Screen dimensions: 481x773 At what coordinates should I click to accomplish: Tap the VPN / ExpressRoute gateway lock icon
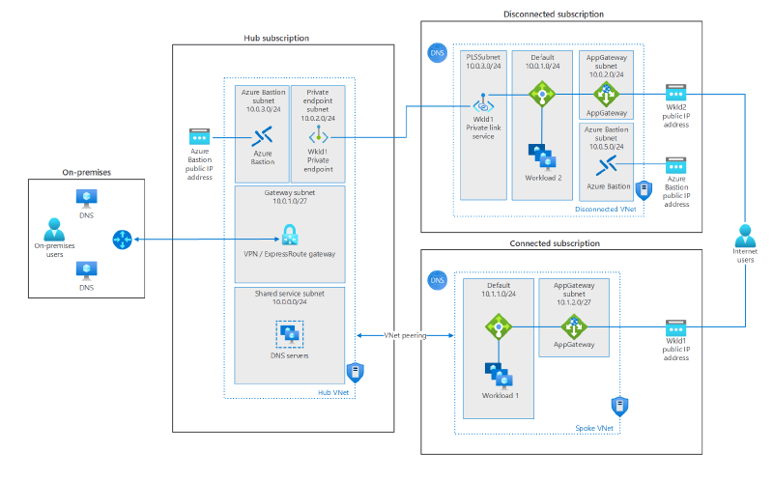pyautogui.click(x=289, y=234)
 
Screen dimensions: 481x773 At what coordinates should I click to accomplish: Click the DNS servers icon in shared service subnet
pyautogui.click(x=289, y=335)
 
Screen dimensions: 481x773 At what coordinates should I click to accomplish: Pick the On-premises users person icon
pyautogui.click(x=55, y=230)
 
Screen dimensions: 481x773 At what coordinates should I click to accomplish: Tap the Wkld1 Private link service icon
pyautogui.click(x=480, y=107)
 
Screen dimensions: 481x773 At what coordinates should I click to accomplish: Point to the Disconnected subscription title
pyautogui.click(x=554, y=14)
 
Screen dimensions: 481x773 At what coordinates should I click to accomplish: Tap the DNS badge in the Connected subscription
pyautogui.click(x=438, y=280)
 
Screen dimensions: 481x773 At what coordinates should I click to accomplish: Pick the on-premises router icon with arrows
pyautogui.click(x=123, y=238)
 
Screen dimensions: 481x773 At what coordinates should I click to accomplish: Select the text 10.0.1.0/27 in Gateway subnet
pyautogui.click(x=289, y=202)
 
